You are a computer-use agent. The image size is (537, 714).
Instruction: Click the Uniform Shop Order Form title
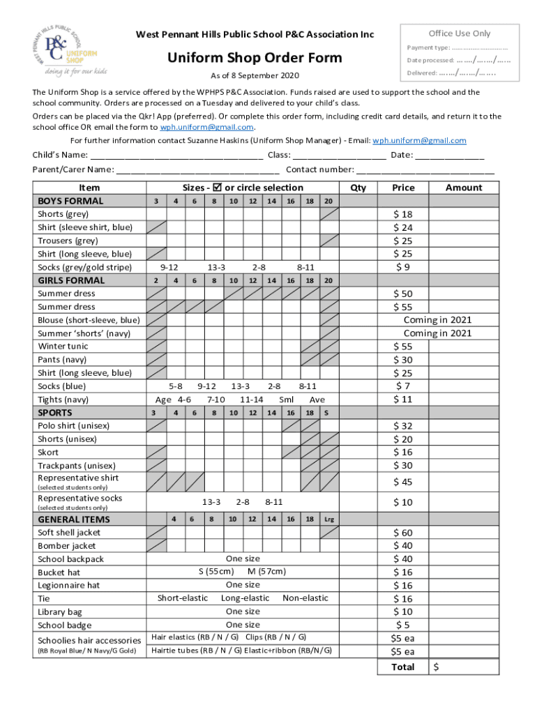pyautogui.click(x=255, y=57)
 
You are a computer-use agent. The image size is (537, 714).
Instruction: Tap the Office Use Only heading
pyautogui.click(x=459, y=33)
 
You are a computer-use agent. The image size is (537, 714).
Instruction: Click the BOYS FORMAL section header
pyautogui.click(x=70, y=201)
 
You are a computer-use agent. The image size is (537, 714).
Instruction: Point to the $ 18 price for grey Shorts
pyautogui.click(x=403, y=214)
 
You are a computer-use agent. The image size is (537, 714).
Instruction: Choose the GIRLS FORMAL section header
pyautogui.click(x=71, y=280)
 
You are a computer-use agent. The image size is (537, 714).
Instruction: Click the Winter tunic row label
pyautogui.click(x=63, y=347)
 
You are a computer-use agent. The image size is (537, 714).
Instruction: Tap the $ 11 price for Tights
pyautogui.click(x=403, y=400)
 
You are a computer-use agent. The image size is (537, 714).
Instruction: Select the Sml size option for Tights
pyautogui.click(x=286, y=400)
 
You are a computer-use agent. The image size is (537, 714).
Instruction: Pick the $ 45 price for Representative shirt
pyautogui.click(x=403, y=482)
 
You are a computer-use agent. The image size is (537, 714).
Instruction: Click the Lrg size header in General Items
pyautogui.click(x=329, y=519)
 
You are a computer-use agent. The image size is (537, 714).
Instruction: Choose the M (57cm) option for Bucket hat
pyautogui.click(x=266, y=572)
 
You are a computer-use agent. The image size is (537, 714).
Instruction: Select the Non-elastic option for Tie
pyautogui.click(x=305, y=598)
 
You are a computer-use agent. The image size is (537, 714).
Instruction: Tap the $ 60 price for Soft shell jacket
pyautogui.click(x=403, y=533)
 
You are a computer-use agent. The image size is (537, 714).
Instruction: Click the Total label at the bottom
pyautogui.click(x=403, y=667)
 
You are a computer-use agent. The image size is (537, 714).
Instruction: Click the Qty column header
pyautogui.click(x=358, y=188)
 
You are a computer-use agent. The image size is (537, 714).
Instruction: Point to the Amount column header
pyautogui.click(x=464, y=188)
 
